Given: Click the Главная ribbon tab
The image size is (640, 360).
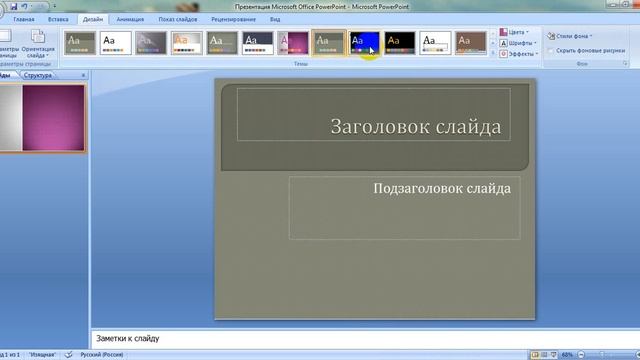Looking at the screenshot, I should coord(24,19).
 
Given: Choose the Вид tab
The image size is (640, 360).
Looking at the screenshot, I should coord(274,19).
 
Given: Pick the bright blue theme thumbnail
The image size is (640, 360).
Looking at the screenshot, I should coord(364,43).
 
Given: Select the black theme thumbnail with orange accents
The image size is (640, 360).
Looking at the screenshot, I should coord(399,43).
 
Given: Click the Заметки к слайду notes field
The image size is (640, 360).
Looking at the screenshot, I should coord(300,338).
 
